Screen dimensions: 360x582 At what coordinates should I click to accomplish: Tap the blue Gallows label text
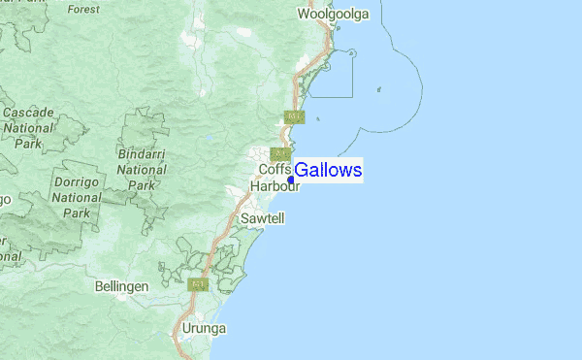pyautogui.click(x=328, y=171)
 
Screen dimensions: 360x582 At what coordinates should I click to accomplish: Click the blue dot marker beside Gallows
pyautogui.click(x=291, y=180)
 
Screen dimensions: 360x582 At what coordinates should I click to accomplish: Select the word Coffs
pyautogui.click(x=275, y=170)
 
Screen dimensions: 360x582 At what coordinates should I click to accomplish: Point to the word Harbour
pyautogui.click(x=275, y=185)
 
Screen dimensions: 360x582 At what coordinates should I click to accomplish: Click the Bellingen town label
pyautogui.click(x=122, y=287)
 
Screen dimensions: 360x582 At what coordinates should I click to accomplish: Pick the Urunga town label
pyautogui.click(x=204, y=329)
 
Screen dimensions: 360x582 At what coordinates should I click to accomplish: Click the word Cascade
pyautogui.click(x=27, y=113)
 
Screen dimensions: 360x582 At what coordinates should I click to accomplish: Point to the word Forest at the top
pyautogui.click(x=84, y=9)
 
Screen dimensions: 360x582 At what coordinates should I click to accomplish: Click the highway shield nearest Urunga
pyautogui.click(x=199, y=285)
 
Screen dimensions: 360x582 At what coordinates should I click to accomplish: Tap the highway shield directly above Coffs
pyautogui.click(x=281, y=154)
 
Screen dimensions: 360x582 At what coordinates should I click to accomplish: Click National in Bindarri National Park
pyautogui.click(x=142, y=170)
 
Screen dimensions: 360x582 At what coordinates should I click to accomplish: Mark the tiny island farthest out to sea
pyautogui.click(x=378, y=90)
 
